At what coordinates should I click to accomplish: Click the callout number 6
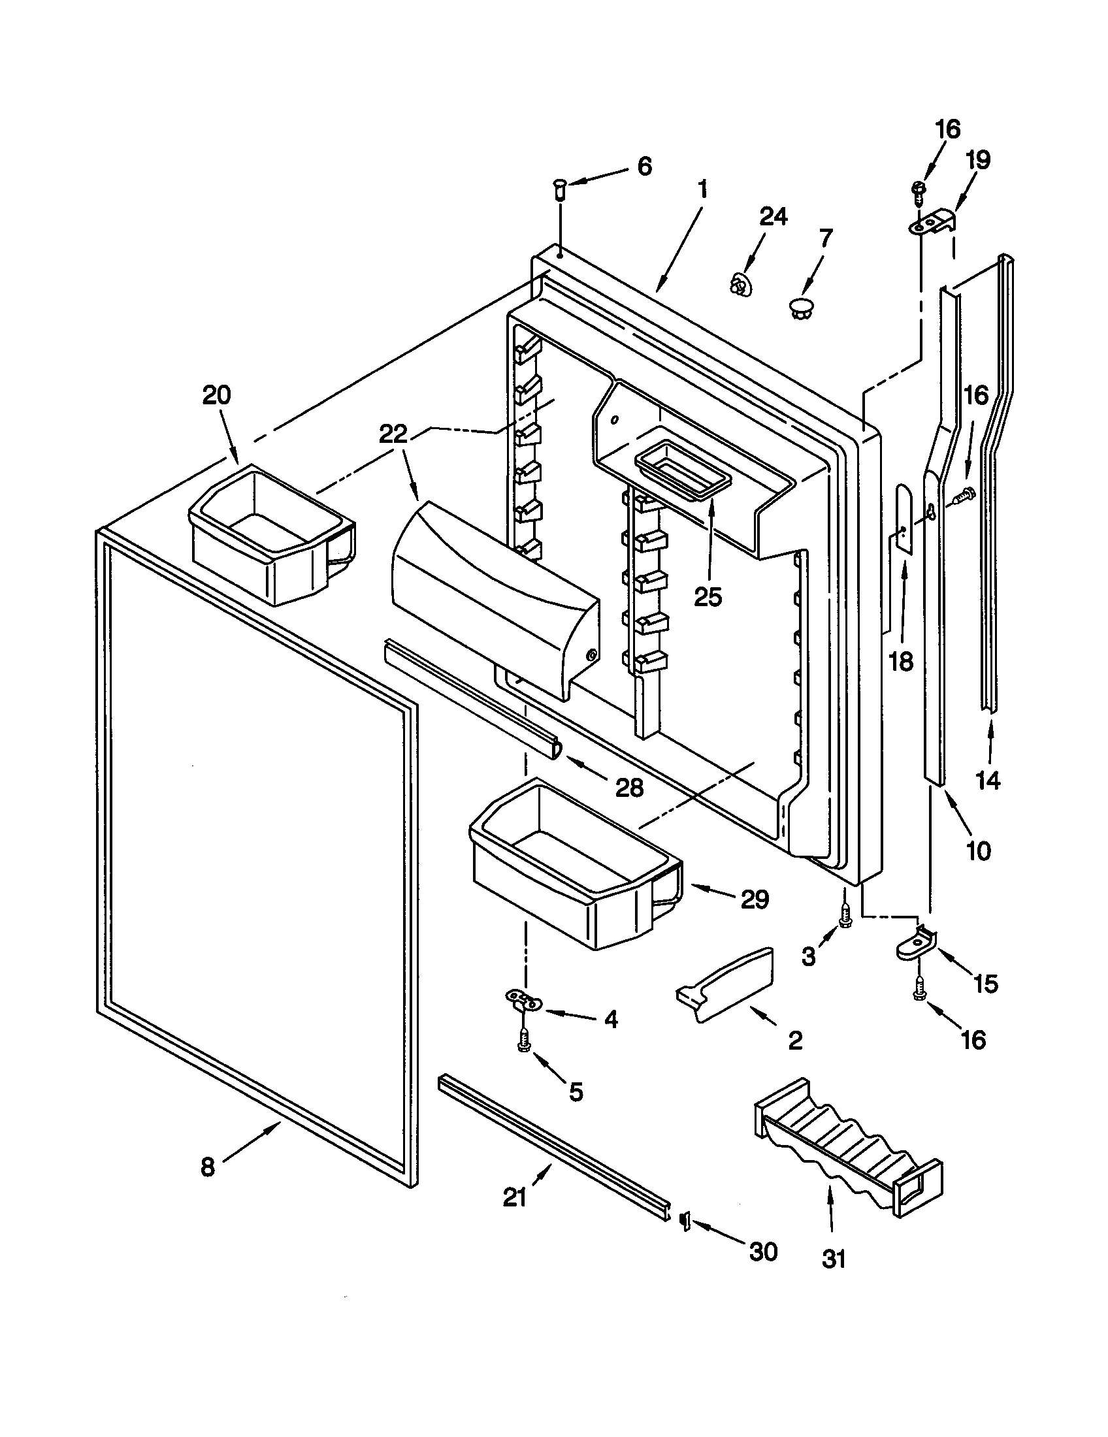coord(644,167)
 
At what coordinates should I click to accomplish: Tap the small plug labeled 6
coord(561,191)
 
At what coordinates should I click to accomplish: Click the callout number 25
coord(708,597)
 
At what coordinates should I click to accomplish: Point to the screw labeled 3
coord(845,916)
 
